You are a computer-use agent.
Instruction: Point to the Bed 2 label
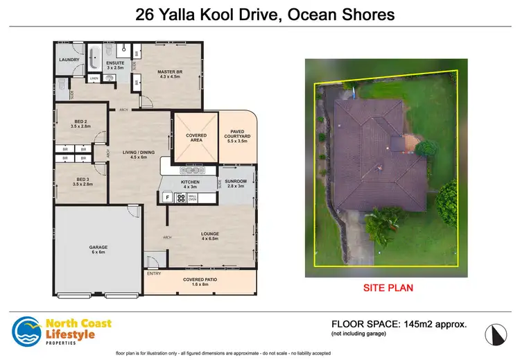pos(81,123)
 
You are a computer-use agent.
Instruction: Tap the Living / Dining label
pos(139,154)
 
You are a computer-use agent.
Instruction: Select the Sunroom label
pos(235,183)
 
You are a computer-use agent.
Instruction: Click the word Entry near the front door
pos(153,273)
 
